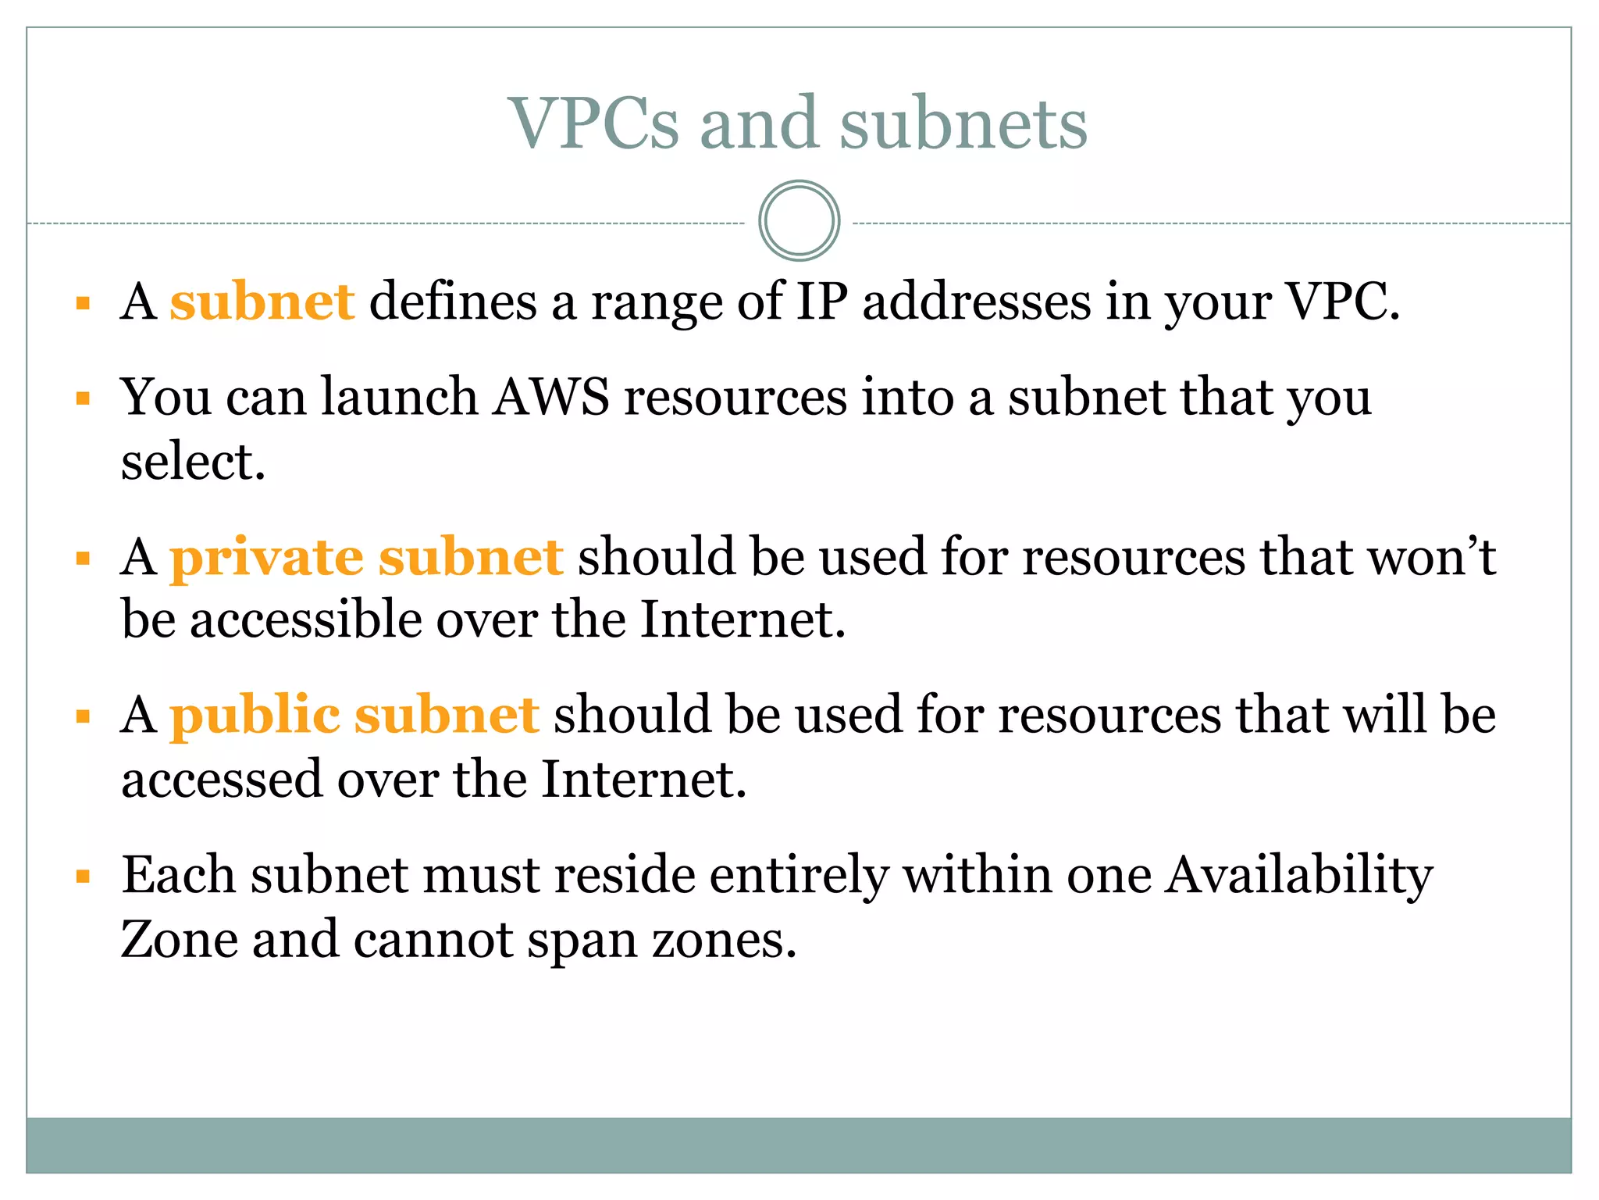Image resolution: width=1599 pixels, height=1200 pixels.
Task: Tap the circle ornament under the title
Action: coord(799,221)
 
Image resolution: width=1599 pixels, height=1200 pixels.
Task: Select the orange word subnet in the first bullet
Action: coord(262,302)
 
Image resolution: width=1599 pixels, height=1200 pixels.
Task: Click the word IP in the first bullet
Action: coord(821,302)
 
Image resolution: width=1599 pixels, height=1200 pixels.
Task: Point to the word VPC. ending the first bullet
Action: coord(1341,302)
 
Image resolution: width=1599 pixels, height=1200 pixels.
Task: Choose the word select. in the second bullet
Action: coord(194,462)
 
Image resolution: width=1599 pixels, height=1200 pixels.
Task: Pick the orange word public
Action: coord(255,716)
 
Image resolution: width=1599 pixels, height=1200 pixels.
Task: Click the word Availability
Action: coord(1298,875)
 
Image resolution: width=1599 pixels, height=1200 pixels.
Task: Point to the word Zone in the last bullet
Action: coord(179,939)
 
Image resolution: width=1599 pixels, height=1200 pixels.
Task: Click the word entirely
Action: coord(799,875)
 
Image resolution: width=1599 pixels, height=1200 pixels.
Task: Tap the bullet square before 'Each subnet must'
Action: coord(84,877)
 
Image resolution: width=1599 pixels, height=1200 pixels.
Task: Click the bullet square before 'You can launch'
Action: coord(84,398)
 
